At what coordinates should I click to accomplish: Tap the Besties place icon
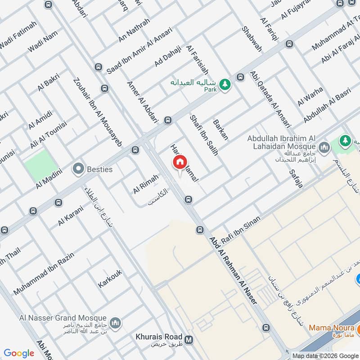79,169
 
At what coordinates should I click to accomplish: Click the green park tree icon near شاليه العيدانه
225,83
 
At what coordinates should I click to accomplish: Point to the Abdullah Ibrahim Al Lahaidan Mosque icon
324,147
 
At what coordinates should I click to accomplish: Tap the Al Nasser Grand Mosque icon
116,323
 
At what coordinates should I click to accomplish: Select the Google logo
19,353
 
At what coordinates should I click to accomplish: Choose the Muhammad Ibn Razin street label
44,273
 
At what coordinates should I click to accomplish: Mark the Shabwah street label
252,39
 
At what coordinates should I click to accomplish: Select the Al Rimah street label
146,184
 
